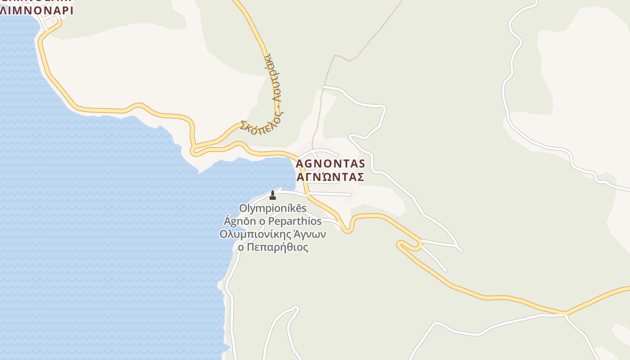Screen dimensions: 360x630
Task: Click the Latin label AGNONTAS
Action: click(x=330, y=163)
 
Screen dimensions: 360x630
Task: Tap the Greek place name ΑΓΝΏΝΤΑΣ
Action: click(x=330, y=177)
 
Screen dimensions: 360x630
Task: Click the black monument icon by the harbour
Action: click(x=272, y=195)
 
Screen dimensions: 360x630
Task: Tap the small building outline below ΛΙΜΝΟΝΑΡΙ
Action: click(x=53, y=21)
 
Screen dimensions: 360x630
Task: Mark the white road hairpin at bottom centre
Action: click(x=295, y=308)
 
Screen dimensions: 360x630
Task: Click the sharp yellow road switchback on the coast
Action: click(x=193, y=151)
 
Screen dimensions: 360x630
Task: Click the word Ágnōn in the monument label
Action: click(x=238, y=221)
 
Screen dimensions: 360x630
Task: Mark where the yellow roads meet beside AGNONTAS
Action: click(x=297, y=156)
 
